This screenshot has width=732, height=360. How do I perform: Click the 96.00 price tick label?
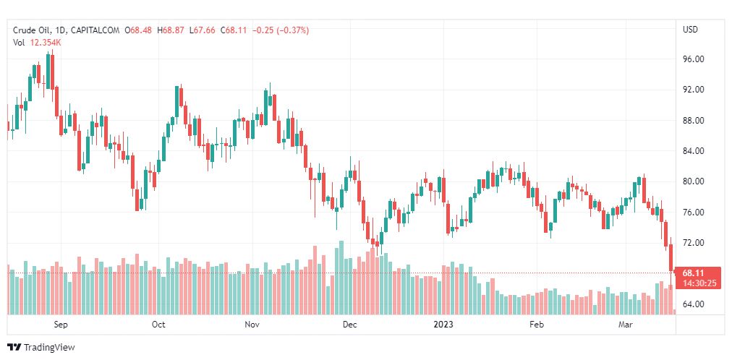pyautogui.click(x=694, y=59)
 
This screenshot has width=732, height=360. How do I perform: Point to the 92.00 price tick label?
pyautogui.click(x=694, y=90)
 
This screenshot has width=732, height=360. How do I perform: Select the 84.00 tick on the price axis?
pyautogui.click(x=694, y=151)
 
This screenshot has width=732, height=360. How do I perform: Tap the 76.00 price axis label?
pyautogui.click(x=694, y=213)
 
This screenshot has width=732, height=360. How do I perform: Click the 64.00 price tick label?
pyautogui.click(x=694, y=304)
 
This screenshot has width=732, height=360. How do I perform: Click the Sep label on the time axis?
pyautogui.click(x=61, y=325)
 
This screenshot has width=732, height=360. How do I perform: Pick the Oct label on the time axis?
pyautogui.click(x=158, y=325)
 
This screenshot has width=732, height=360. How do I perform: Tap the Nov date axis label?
pyautogui.click(x=252, y=325)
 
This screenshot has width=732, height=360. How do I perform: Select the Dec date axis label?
pyautogui.click(x=349, y=325)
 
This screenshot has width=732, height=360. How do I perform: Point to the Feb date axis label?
pyautogui.click(x=536, y=325)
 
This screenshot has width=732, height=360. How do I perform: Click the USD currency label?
pyautogui.click(x=690, y=30)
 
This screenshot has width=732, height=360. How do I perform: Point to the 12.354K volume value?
pyautogui.click(x=46, y=43)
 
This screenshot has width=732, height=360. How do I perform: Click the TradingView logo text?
pyautogui.click(x=48, y=348)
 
